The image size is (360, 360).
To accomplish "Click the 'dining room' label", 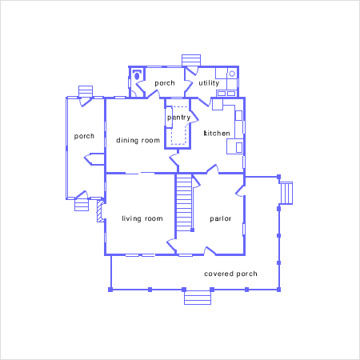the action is [x=138, y=140].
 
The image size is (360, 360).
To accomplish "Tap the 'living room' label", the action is [x=142, y=218].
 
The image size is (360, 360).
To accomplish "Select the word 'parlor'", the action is [x=221, y=219].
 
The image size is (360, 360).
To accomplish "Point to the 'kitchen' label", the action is [x=217, y=133].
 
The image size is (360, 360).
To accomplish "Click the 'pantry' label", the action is [x=178, y=118].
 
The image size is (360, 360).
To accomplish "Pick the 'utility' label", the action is [x=209, y=83].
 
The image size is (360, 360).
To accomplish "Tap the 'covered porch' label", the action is [x=230, y=274].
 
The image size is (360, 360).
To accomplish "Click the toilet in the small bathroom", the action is [x=137, y=75].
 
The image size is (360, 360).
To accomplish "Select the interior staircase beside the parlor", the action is [x=184, y=202].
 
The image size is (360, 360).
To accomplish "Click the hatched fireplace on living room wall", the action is [x=100, y=211].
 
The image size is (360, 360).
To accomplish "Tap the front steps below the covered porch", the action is [x=198, y=298].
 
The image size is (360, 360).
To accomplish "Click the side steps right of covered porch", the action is [x=286, y=193].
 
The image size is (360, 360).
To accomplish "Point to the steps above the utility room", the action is [x=191, y=60].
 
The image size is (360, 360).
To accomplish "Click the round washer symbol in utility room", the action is [x=232, y=74].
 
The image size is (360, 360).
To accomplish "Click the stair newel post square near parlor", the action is [x=193, y=230].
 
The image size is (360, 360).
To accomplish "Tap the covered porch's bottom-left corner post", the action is [x=110, y=290].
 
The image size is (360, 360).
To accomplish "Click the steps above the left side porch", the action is [x=86, y=91].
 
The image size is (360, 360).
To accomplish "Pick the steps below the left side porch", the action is [x=82, y=205].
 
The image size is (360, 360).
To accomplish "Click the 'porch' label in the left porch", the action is [x=84, y=136].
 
